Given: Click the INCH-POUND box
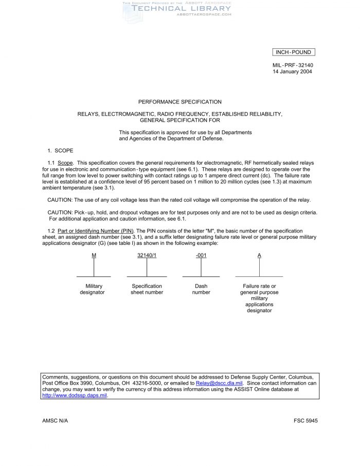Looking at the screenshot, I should (293, 52).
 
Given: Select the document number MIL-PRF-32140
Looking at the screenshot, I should (293, 65).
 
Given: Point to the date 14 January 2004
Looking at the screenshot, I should (292, 71).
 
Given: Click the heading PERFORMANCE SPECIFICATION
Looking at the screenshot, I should (180, 102).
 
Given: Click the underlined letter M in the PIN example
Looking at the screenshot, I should (94, 256).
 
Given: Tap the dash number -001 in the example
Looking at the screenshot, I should (201, 256).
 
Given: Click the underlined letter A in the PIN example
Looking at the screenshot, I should (259, 256).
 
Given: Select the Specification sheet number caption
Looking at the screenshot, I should (147, 289).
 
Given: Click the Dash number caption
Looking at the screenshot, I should (201, 289).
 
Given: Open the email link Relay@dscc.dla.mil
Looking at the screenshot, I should (219, 383).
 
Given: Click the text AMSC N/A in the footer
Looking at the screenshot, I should (55, 421).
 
